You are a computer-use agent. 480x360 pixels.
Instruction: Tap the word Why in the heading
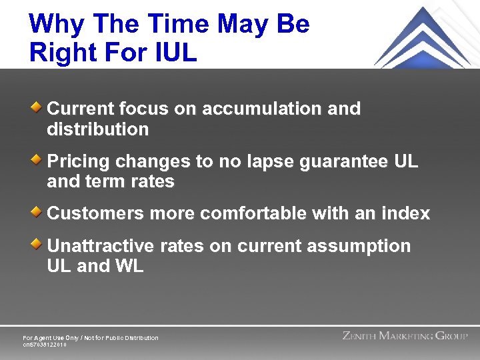pyautogui.click(x=55, y=24)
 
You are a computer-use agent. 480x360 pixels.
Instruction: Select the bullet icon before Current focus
pyautogui.click(x=39, y=107)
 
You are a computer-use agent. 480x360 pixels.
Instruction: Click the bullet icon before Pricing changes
pyautogui.click(x=39, y=159)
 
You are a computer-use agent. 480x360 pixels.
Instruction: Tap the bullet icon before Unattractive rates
pyautogui.click(x=39, y=245)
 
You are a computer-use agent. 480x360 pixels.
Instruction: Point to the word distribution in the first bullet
pyautogui.click(x=98, y=129)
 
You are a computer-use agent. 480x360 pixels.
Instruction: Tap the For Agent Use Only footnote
pyautogui.click(x=91, y=338)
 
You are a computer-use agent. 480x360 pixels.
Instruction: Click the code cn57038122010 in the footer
pyautogui.click(x=45, y=345)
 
